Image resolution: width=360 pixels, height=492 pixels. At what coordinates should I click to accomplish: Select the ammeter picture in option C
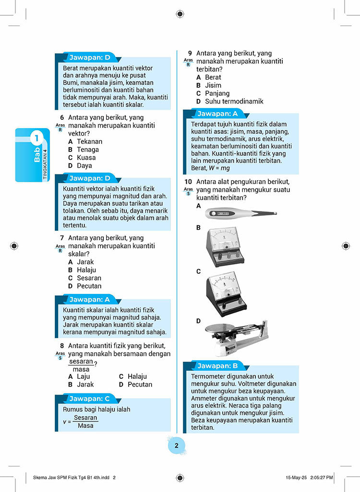pos(225,293)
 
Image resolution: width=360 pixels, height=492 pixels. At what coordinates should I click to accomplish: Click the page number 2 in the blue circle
pos(176,446)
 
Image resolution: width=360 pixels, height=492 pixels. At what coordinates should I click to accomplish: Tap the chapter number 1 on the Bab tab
pos(36,140)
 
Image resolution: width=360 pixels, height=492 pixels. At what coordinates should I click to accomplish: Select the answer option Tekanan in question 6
pos(89,141)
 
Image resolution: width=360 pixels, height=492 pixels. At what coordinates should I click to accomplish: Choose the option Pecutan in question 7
pos(89,286)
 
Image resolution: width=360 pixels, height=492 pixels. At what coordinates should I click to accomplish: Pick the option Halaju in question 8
pos(137,376)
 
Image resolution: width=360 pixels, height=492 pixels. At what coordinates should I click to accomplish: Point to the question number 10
pos(188,182)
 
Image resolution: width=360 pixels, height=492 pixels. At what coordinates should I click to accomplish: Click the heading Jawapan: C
pos(89,398)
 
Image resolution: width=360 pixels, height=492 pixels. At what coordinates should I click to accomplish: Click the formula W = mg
pos(219,168)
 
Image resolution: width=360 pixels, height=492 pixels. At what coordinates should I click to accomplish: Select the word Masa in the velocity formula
pos(85,426)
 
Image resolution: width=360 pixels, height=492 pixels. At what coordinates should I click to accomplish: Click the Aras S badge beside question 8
pos(60,355)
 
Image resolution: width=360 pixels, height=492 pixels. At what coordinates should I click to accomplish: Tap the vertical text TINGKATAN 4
pos(46,164)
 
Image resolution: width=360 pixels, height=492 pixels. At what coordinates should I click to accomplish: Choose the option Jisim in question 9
pos(213,85)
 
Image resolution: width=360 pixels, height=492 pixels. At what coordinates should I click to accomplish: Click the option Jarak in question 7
pos(85,262)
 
